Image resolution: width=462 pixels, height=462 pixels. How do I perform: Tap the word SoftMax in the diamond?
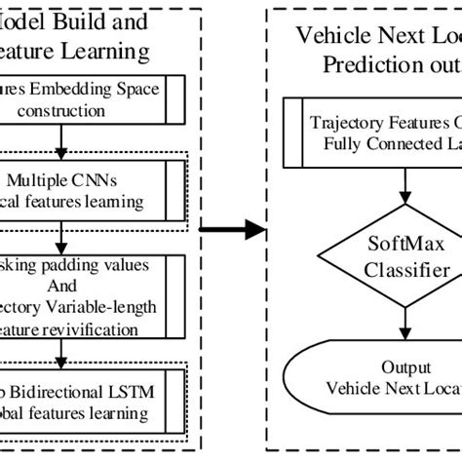point(375,247)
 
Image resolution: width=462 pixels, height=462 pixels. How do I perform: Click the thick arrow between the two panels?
point(232,231)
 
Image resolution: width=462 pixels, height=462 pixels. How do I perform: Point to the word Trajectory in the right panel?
point(349,124)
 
